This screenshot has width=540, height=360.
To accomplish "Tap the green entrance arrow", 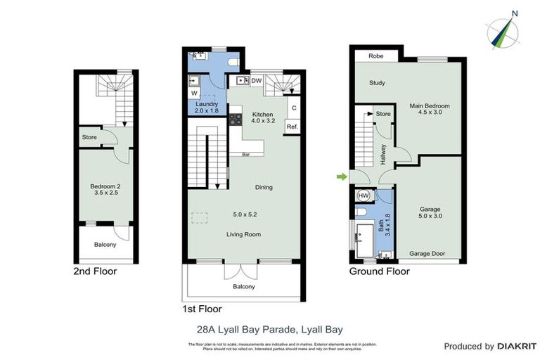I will coord(342,177).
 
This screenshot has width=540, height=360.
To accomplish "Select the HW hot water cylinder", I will coord(364,195).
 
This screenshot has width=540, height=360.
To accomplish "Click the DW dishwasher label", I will coord(257,81).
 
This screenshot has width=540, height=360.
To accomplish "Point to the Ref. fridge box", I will coord(292,127).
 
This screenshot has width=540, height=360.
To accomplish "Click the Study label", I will coord(377,83).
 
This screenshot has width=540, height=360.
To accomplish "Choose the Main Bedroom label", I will coord(429,106).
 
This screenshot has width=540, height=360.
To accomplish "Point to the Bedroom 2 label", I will coord(105,186).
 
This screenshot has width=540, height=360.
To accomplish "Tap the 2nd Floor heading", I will coord(95,271).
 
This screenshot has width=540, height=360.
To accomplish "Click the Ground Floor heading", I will coord(379,271).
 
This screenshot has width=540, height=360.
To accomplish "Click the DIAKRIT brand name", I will coord(517,347).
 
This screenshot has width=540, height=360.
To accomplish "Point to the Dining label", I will coord(264,187).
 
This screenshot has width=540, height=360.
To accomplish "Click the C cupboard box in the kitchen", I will coord(293,108).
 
